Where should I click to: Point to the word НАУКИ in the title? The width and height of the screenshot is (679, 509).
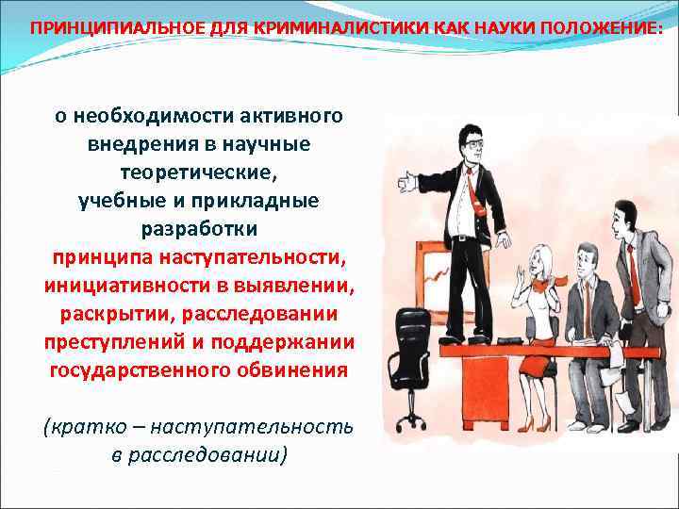click(x=491, y=28)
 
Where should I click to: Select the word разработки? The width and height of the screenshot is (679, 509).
click(x=198, y=229)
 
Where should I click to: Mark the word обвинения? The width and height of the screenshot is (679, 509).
click(x=293, y=369)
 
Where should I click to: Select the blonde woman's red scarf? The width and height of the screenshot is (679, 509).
click(x=551, y=280)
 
